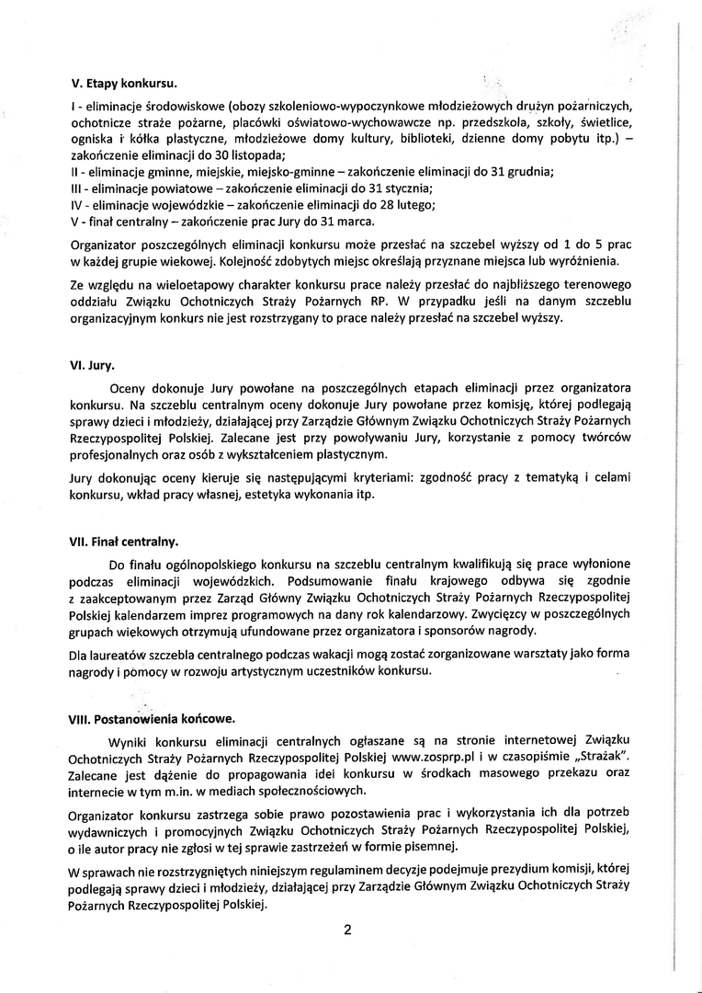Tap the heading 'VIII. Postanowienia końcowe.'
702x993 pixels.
(151, 717)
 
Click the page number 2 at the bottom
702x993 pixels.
(348, 930)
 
